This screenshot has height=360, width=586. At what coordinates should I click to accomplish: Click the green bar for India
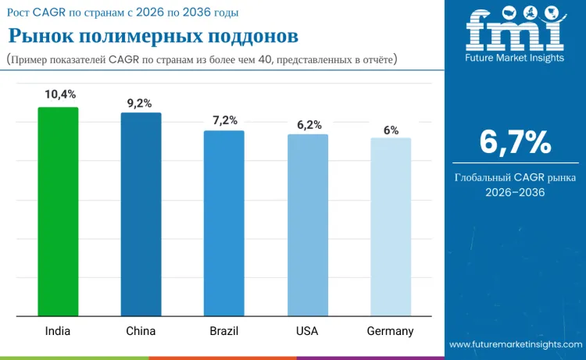[x=58, y=212]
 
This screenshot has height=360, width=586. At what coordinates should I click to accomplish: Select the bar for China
[x=141, y=215]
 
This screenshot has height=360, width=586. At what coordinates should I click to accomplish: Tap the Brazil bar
[x=224, y=223]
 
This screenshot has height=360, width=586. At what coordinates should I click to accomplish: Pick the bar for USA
[x=307, y=226]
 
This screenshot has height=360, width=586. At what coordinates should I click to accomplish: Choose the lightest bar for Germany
[x=390, y=227]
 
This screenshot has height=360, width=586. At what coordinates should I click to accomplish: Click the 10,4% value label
[x=60, y=94]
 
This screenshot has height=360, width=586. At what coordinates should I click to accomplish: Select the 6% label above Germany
[x=391, y=130]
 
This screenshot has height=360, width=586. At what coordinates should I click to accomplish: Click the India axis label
[x=58, y=331]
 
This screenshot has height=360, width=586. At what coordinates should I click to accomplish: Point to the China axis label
[x=141, y=331]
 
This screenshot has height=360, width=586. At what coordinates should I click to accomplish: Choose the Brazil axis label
[x=224, y=331]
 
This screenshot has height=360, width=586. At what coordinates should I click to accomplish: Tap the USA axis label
[x=307, y=331]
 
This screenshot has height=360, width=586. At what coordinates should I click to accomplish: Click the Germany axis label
[x=390, y=331]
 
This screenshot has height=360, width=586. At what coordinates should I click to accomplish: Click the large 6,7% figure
[x=515, y=142]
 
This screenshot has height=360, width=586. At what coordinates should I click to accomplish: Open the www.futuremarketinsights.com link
[x=516, y=344]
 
